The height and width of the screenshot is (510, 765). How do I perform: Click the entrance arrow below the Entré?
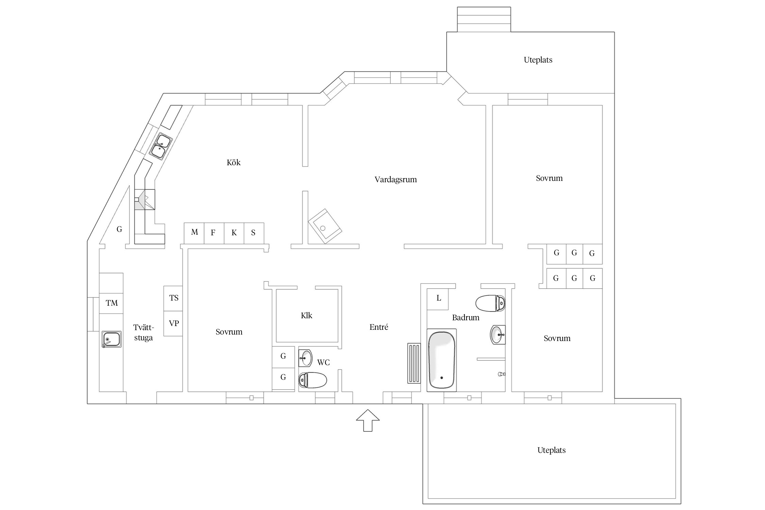368,421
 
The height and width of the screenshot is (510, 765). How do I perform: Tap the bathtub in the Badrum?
442,360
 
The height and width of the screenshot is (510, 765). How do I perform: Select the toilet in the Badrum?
490,303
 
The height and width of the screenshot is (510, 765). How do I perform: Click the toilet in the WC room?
312,380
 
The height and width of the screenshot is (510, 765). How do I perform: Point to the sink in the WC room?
306,358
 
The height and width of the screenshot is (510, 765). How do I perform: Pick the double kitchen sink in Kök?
160,146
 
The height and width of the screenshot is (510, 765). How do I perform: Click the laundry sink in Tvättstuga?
112,339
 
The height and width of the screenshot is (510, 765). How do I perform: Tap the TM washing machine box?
111,303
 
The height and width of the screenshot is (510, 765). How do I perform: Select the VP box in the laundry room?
173,323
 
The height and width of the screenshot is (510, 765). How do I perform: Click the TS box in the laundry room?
173,298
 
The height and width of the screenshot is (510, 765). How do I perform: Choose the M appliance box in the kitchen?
194,233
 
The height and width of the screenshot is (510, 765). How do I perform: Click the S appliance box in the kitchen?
254,233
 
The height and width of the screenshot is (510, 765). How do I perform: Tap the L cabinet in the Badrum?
438,299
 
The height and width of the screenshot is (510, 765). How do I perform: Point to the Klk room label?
306,316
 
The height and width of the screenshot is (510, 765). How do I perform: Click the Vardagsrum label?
395,180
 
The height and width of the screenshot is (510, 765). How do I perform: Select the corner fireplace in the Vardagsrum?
325,226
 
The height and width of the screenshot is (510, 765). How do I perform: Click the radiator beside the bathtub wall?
414,363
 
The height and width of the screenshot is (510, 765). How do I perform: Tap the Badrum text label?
465,318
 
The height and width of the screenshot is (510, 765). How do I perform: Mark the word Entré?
379,327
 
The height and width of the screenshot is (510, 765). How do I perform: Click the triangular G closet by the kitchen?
117,221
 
